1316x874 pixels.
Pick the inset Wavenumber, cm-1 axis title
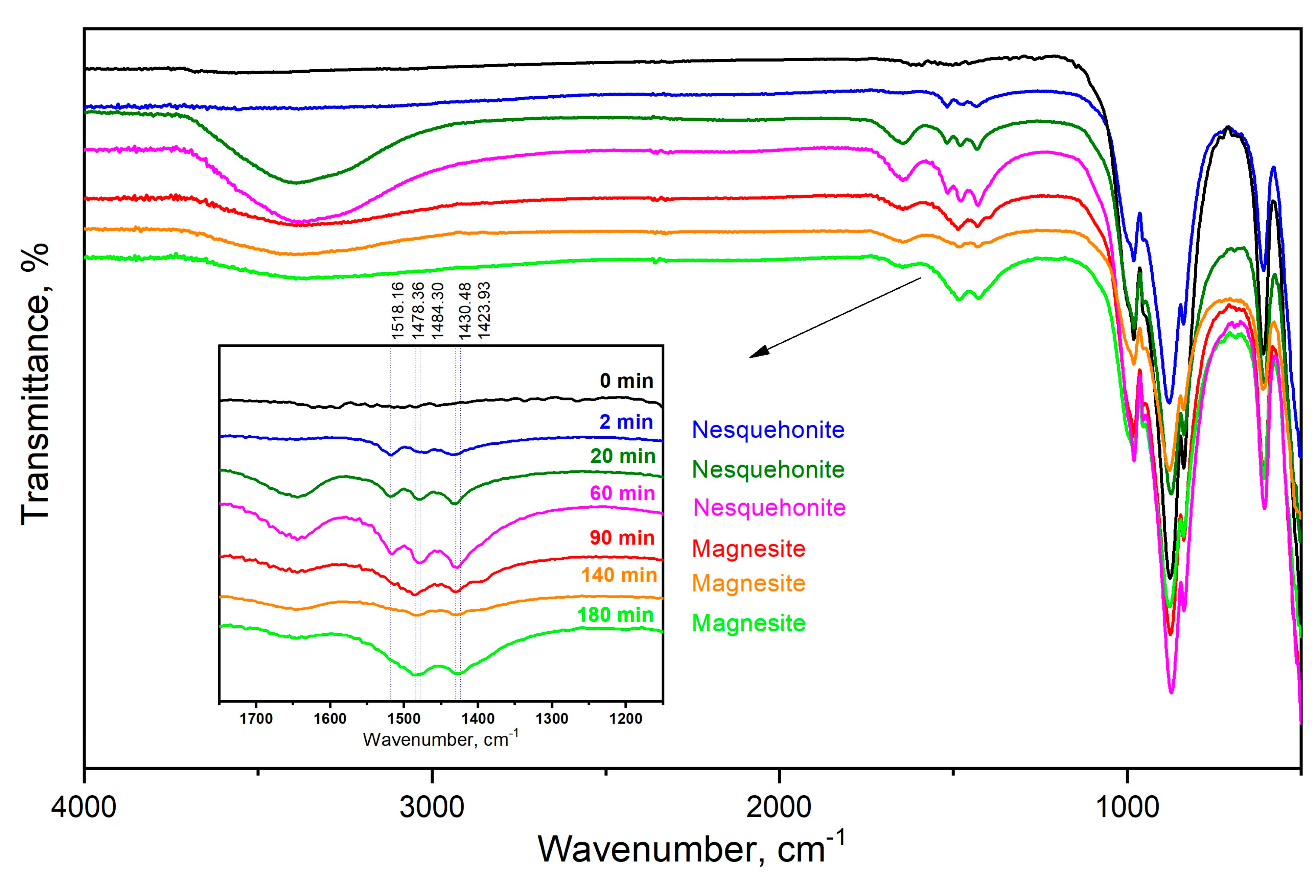click(440, 739)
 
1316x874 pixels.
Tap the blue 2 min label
click(626, 422)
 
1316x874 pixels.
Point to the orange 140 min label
click(619, 575)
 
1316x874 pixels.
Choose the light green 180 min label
click(615, 615)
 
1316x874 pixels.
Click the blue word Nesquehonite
click(768, 430)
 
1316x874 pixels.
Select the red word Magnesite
click(748, 549)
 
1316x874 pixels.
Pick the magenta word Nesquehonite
click(769, 508)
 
